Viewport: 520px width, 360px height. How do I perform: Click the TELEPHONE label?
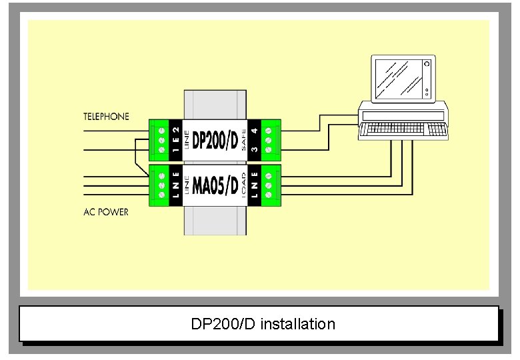[106, 117]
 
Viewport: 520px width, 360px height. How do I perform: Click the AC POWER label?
[106, 213]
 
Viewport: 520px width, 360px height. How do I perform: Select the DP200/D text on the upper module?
[215, 141]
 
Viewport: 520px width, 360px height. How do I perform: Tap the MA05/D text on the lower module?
[215, 185]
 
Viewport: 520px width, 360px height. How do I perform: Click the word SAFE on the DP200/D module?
[244, 141]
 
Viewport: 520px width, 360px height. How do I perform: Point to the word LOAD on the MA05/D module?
[244, 185]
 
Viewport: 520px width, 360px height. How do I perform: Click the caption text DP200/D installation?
[263, 325]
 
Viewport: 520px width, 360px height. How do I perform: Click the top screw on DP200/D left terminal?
[161, 130]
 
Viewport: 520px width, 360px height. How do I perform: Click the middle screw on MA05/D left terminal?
[161, 185]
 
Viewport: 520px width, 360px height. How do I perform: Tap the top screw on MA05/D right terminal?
[269, 174]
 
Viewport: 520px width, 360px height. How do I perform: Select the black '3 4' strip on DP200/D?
[254, 141]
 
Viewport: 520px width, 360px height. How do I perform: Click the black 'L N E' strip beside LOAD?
[254, 185]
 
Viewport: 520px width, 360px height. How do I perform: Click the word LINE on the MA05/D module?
[187, 185]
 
